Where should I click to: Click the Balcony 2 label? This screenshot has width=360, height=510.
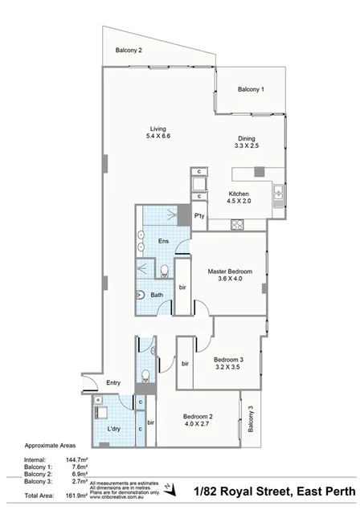pos(129,51)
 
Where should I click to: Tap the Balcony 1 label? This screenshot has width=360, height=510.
pos(251,89)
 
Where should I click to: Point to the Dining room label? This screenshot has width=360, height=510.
pos(246,137)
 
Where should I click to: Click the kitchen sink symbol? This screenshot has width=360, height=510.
pos(276,194)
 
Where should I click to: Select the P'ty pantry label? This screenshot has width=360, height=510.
pos(198,216)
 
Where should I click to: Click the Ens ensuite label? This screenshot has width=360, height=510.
pos(163,241)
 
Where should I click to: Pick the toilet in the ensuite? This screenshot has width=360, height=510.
pos(164,269)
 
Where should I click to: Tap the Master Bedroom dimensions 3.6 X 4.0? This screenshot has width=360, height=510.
pos(229,280)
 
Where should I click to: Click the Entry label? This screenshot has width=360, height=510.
pos(113,382)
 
